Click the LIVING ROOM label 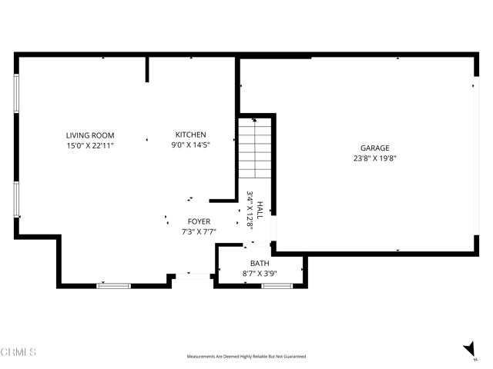click(89, 135)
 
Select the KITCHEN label click(190, 135)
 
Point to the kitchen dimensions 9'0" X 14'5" click(190, 144)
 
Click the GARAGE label click(375, 148)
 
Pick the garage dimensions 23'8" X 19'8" click(375, 158)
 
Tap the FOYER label click(198, 221)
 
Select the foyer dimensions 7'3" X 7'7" click(198, 231)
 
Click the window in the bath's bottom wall click(277, 286)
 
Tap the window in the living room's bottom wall click(113, 286)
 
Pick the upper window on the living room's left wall click(16, 93)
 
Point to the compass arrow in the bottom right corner click(469, 350)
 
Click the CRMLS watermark click(18, 353)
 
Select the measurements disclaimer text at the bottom click(246, 357)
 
